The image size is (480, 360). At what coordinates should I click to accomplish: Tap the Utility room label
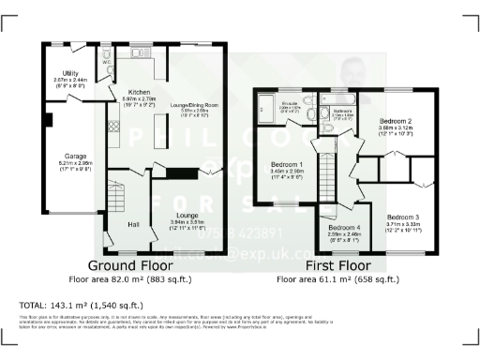[67, 71]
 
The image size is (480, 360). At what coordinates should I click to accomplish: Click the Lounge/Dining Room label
[195, 104]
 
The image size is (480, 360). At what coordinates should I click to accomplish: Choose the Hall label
[133, 224]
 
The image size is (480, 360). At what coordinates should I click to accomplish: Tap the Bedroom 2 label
[397, 121]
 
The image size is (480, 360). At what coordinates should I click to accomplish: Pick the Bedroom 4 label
[344, 228]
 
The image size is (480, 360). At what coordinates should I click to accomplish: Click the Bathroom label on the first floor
[342, 111]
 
